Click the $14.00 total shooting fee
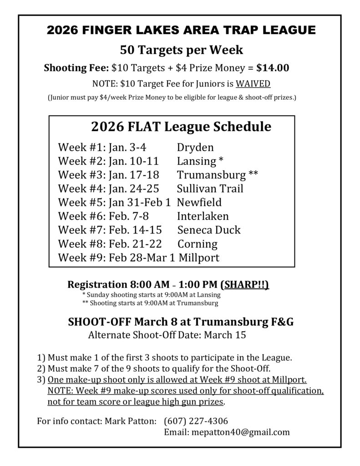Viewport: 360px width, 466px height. pos(273,68)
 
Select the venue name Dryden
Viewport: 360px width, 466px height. pos(195,147)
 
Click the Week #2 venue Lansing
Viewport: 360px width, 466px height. pos(196,161)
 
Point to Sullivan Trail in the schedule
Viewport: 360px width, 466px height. pos(210,188)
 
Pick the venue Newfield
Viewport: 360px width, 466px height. pos(199,203)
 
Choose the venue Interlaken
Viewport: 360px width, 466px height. pos(203,216)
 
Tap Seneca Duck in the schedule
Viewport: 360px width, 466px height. pos(209,230)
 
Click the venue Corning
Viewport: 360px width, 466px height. pos(198,244)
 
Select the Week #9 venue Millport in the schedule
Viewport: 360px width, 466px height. pos(199,258)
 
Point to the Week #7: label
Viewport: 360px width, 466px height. pos(82,230)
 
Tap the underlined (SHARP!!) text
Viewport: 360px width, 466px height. pos(244,285)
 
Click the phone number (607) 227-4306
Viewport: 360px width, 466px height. pos(196,420)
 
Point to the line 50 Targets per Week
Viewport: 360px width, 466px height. pos(181,50)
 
